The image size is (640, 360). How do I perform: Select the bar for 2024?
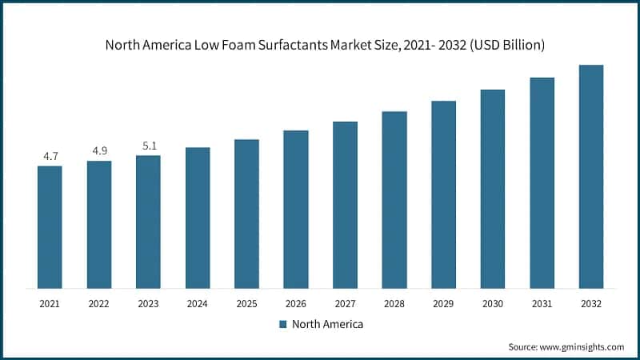(198, 218)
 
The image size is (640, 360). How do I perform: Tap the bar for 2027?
(345, 205)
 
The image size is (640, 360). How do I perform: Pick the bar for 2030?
(493, 189)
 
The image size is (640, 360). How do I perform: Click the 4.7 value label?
(50, 157)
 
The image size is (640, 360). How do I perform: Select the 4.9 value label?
(99, 152)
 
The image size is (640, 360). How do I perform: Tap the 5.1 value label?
(148, 146)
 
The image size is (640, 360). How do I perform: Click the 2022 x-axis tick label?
(99, 304)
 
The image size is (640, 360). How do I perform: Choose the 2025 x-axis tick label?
(246, 304)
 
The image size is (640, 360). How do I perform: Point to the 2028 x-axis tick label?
(394, 304)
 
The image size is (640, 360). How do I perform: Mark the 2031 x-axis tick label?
(542, 304)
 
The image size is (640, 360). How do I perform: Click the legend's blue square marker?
(283, 324)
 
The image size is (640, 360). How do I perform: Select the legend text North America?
(327, 324)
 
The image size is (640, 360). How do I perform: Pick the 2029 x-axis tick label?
(443, 304)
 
